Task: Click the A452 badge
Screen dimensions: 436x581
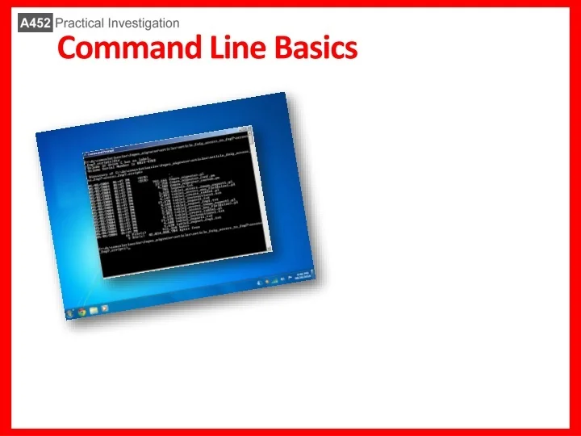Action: pos(36,23)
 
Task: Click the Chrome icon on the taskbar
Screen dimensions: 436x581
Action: pos(83,310)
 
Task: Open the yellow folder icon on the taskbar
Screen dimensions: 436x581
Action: pos(94,309)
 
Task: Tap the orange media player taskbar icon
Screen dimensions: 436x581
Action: pos(106,308)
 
